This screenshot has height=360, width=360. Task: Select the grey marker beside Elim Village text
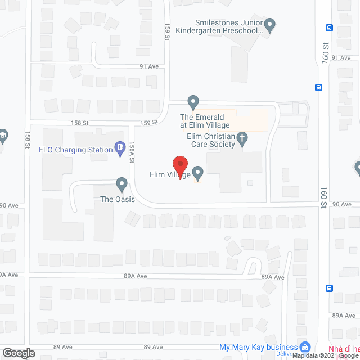pos(197,172)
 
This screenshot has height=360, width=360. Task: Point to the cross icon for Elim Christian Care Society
pos(242,138)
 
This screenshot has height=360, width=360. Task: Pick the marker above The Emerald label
pos(193,102)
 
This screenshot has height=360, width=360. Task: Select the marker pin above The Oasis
pos(121,183)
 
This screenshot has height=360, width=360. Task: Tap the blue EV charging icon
pos(119,147)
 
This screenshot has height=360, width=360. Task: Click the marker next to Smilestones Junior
pos(269,25)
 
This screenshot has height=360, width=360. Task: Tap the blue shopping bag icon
pos(305,347)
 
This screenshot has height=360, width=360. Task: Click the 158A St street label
pos(131,152)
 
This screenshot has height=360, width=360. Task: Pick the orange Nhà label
pos(344,348)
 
